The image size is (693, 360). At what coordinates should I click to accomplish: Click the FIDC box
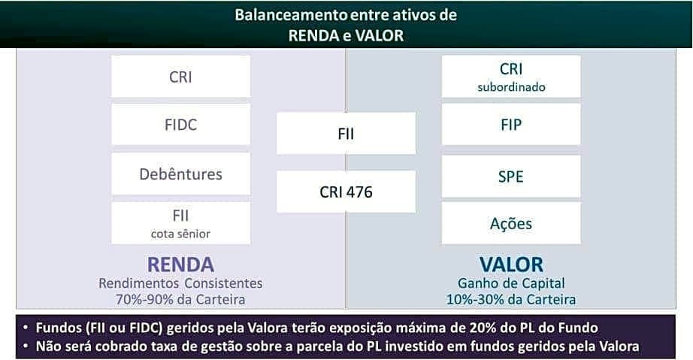[180, 125]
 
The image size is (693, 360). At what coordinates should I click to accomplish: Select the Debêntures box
[180, 174]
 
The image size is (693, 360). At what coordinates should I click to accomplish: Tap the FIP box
[510, 125]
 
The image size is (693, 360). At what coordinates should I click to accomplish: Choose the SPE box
[510, 177]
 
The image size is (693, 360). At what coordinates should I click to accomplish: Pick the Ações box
[510, 223]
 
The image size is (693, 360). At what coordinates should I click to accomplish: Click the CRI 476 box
[346, 192]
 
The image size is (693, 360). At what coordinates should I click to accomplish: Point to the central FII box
[346, 134]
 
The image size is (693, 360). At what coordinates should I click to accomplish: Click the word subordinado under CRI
[511, 87]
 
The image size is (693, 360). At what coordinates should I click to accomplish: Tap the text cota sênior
[180, 234]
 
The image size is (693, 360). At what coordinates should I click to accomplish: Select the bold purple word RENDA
[180, 265]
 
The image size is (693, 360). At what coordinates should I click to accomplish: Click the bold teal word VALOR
[511, 265]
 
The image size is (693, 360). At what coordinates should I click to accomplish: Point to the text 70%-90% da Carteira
[180, 299]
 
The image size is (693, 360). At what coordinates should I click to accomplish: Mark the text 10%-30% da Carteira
[511, 299]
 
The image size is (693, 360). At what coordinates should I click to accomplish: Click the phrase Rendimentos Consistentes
[180, 284]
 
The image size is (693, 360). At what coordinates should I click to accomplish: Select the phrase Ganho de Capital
[511, 284]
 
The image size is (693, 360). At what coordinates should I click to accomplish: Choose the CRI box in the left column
[180, 77]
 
